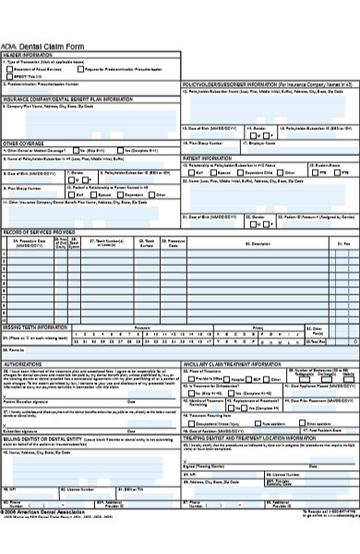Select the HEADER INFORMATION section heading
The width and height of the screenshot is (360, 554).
(x=27, y=55)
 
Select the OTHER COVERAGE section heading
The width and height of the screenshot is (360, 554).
(x=22, y=144)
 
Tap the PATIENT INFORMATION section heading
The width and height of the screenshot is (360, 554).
(x=207, y=158)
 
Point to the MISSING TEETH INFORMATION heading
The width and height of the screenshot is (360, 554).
(x=35, y=327)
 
